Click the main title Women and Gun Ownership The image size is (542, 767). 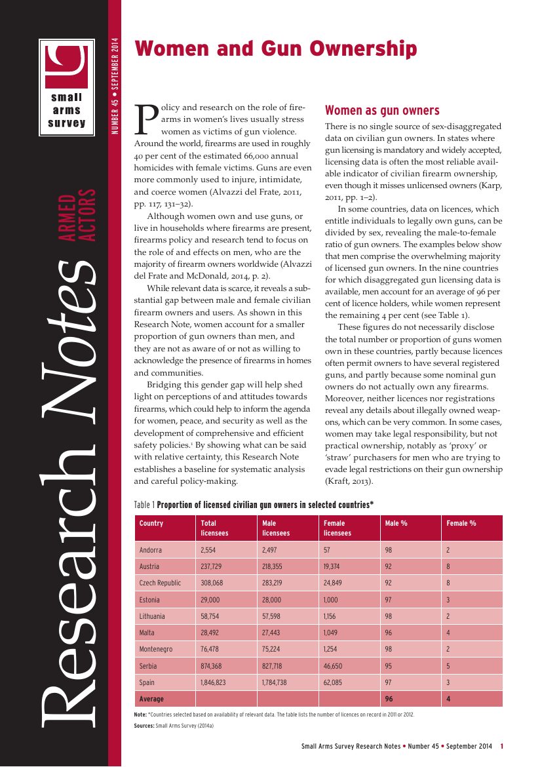(275, 49)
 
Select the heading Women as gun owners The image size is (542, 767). (382, 110)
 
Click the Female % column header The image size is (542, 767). (461, 523)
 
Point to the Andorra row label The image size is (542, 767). (151, 550)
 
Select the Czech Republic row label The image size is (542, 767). (160, 583)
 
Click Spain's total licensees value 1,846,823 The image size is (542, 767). (213, 682)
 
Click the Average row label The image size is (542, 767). (151, 699)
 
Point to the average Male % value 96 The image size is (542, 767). (389, 699)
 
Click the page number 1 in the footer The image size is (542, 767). (501, 746)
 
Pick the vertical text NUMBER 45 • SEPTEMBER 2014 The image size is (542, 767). (115, 86)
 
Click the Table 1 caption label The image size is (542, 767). (144, 505)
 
